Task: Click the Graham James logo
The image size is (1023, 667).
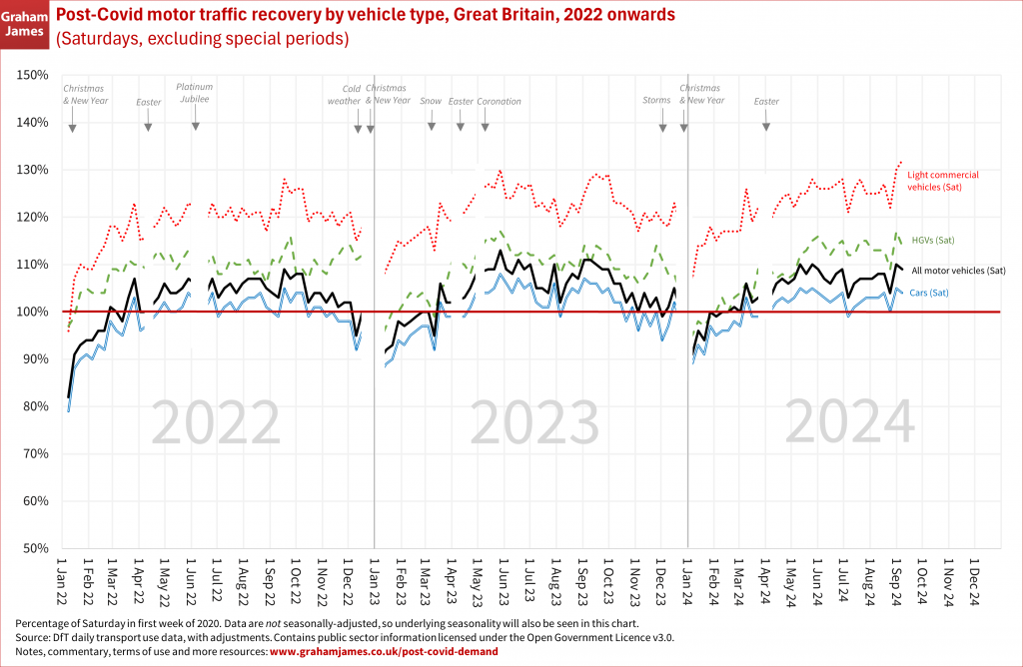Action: [x=24, y=26]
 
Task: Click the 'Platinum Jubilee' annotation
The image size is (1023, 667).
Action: [x=195, y=93]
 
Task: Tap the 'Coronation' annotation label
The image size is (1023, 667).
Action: [x=500, y=101]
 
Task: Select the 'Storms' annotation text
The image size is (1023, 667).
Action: [x=656, y=101]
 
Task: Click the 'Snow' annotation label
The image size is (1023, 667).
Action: [x=431, y=101]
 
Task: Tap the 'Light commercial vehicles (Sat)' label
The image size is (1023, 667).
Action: [x=942, y=181]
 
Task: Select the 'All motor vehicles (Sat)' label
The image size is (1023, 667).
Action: [x=959, y=271]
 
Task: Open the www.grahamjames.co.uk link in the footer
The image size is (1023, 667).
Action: [x=384, y=651]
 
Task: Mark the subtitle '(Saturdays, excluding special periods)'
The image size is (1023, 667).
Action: [x=203, y=40]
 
